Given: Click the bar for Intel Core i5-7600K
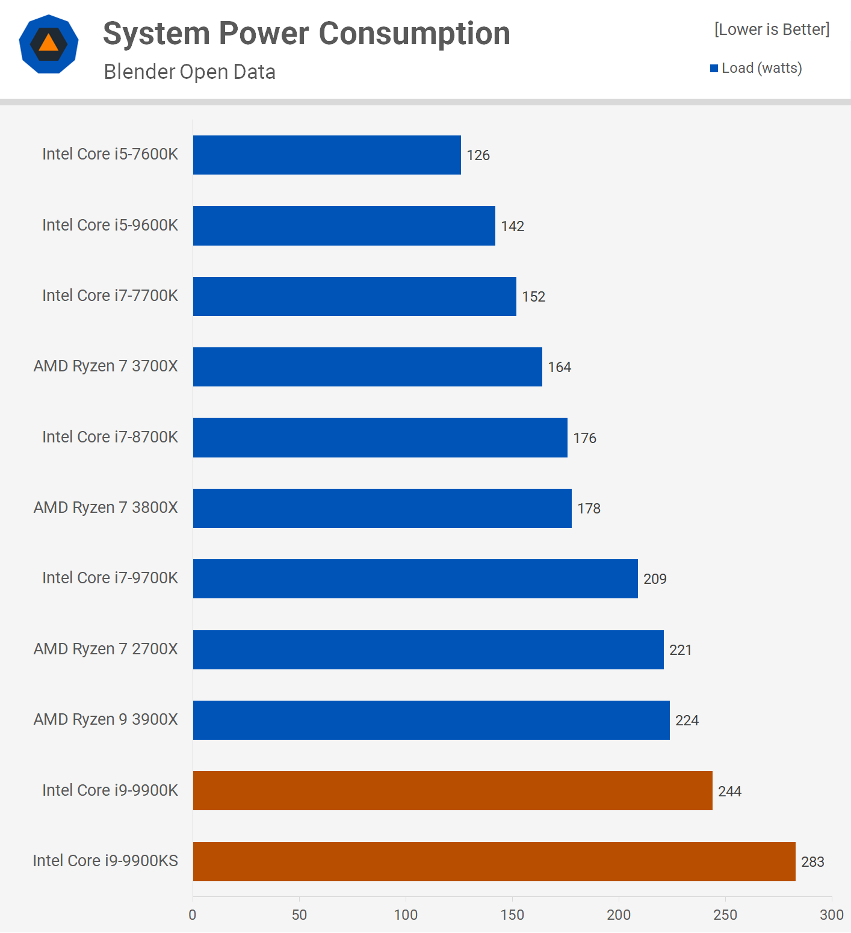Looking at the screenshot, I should (x=327, y=155).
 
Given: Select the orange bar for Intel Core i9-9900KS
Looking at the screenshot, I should (x=494, y=861).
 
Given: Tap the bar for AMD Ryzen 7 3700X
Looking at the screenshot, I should (x=367, y=367).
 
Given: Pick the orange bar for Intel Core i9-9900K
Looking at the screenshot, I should (x=453, y=790).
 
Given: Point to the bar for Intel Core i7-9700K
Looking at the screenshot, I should (x=415, y=578).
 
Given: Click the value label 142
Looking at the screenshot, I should (x=513, y=226).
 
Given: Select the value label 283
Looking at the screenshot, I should (x=812, y=862).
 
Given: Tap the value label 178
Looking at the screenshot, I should (x=589, y=509).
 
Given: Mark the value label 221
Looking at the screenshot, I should (x=681, y=650).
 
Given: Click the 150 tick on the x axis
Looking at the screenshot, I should (x=512, y=915).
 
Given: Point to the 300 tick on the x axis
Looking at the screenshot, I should (x=832, y=915).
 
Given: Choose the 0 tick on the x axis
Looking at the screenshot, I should (x=193, y=915).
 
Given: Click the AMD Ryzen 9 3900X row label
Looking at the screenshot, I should (x=106, y=719).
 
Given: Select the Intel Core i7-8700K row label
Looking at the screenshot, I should (x=110, y=437).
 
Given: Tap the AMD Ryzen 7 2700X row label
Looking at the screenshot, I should (x=106, y=649).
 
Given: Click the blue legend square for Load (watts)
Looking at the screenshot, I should (x=714, y=69).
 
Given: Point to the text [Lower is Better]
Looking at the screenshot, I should (x=772, y=29).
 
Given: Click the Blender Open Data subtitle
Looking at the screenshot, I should (x=190, y=72).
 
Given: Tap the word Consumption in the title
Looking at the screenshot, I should (x=415, y=33).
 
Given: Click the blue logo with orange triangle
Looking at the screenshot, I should (x=49, y=44).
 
